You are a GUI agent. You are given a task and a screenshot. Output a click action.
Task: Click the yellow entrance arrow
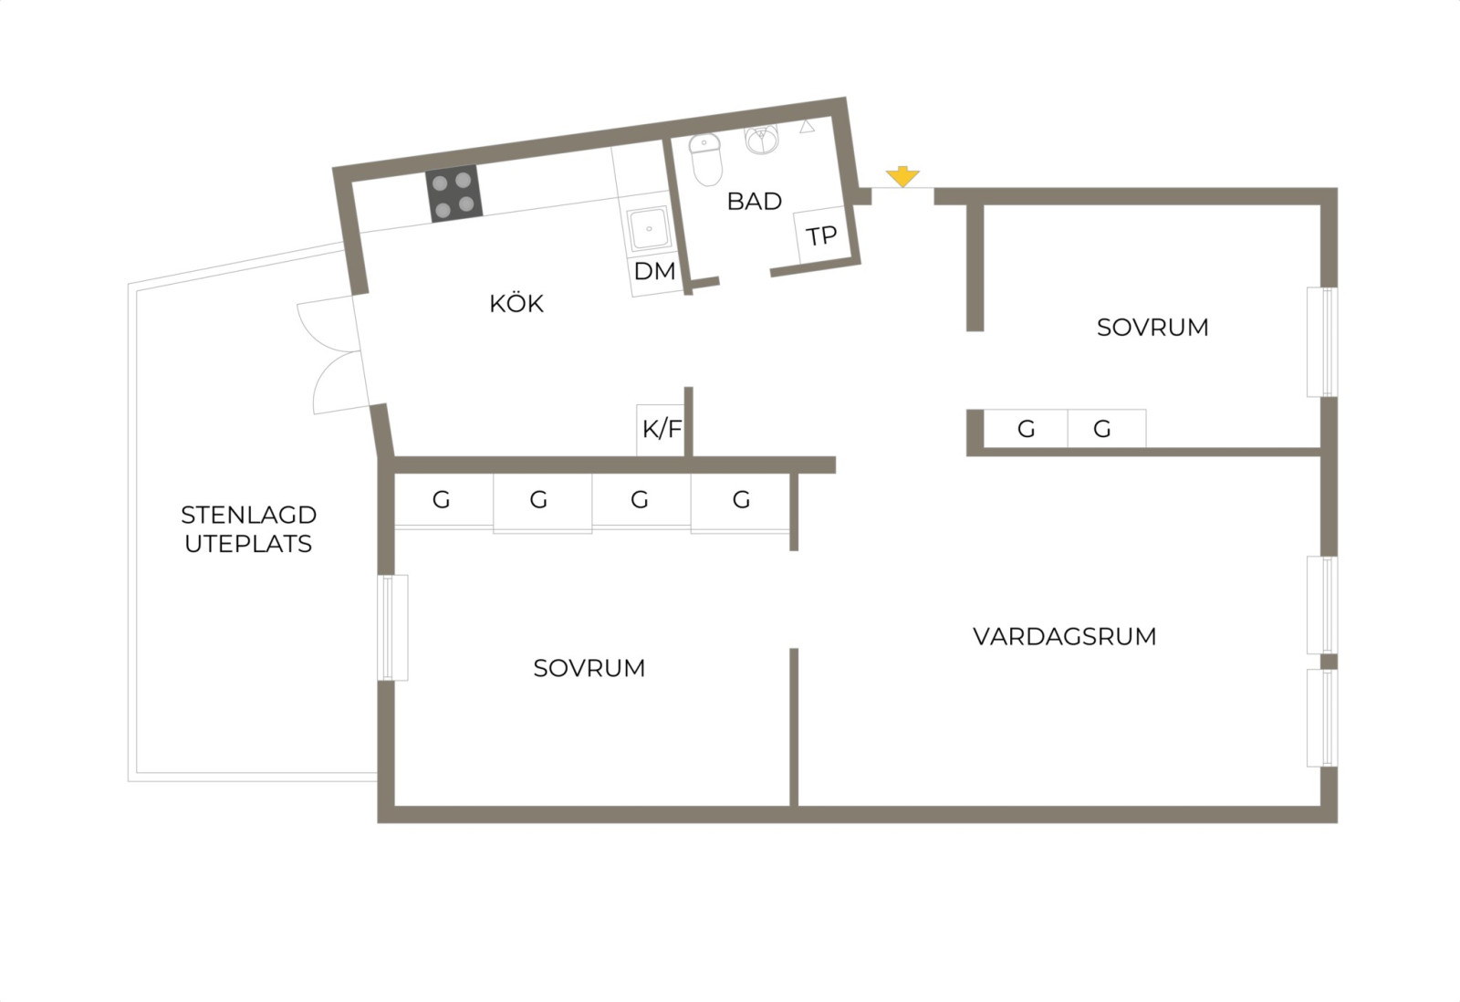tap(902, 177)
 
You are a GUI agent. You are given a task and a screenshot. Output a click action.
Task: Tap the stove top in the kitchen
tap(454, 193)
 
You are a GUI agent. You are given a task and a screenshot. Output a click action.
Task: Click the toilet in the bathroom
tap(706, 160)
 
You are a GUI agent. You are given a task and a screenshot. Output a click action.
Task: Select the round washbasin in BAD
tap(762, 139)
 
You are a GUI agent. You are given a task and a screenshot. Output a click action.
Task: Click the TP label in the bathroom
tap(821, 235)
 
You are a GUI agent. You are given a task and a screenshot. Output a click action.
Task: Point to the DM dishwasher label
tap(654, 271)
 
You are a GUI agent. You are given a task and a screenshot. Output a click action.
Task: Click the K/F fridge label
tap(662, 429)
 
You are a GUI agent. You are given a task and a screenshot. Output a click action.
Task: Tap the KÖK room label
tap(516, 303)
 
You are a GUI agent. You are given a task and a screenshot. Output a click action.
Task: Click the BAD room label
tap(754, 202)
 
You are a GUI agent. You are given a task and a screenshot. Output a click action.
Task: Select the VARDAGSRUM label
tap(1064, 636)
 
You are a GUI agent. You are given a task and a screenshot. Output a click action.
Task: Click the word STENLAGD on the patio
tap(249, 515)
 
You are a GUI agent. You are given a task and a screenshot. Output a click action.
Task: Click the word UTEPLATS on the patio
tap(248, 544)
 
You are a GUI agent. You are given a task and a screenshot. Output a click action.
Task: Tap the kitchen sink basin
tap(648, 228)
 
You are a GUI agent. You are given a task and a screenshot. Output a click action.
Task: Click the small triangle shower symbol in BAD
tap(807, 127)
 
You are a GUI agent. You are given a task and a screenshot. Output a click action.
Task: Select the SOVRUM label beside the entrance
tap(1152, 328)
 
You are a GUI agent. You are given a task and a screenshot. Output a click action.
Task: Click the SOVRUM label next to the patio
tap(589, 668)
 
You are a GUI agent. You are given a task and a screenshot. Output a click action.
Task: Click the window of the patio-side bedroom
tap(393, 628)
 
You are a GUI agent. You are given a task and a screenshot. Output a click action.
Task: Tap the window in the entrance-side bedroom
tap(1322, 342)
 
